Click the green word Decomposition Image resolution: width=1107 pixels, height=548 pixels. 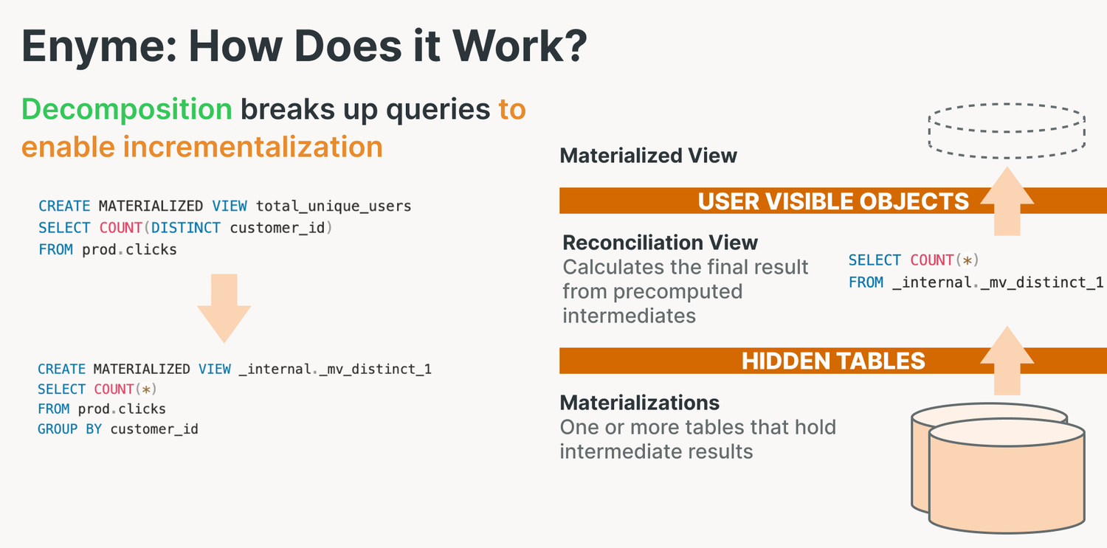tap(127, 109)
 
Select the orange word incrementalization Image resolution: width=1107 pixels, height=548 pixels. tap(252, 147)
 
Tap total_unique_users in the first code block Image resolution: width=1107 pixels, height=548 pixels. tap(334, 206)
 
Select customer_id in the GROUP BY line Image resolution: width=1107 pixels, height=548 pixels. tap(154, 429)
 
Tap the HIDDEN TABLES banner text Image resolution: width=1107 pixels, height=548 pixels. tap(833, 361)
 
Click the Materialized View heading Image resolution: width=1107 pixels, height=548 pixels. tap(648, 156)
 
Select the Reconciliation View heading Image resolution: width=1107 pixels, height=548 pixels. tap(660, 243)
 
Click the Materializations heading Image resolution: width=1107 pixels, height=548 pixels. tap(639, 403)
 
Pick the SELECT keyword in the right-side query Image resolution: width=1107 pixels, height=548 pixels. tap(875, 260)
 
